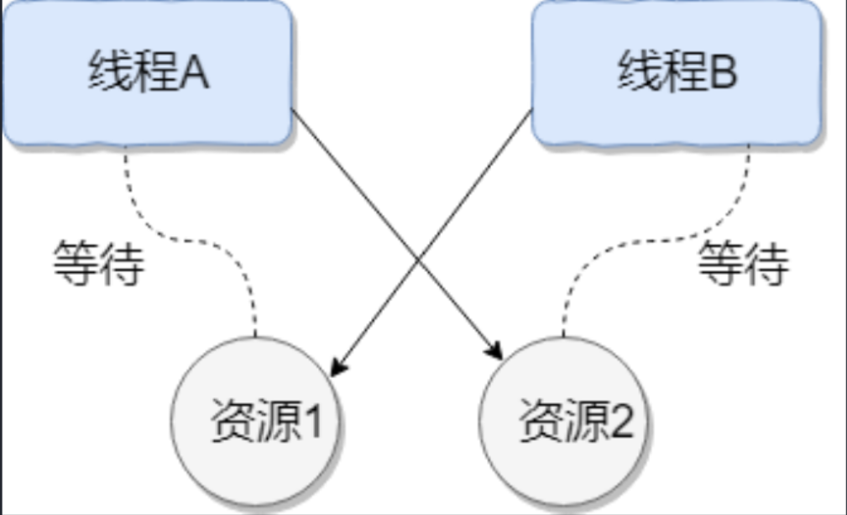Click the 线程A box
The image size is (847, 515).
(x=147, y=74)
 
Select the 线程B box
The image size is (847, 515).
(x=677, y=74)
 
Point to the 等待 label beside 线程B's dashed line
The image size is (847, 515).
(x=743, y=265)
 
